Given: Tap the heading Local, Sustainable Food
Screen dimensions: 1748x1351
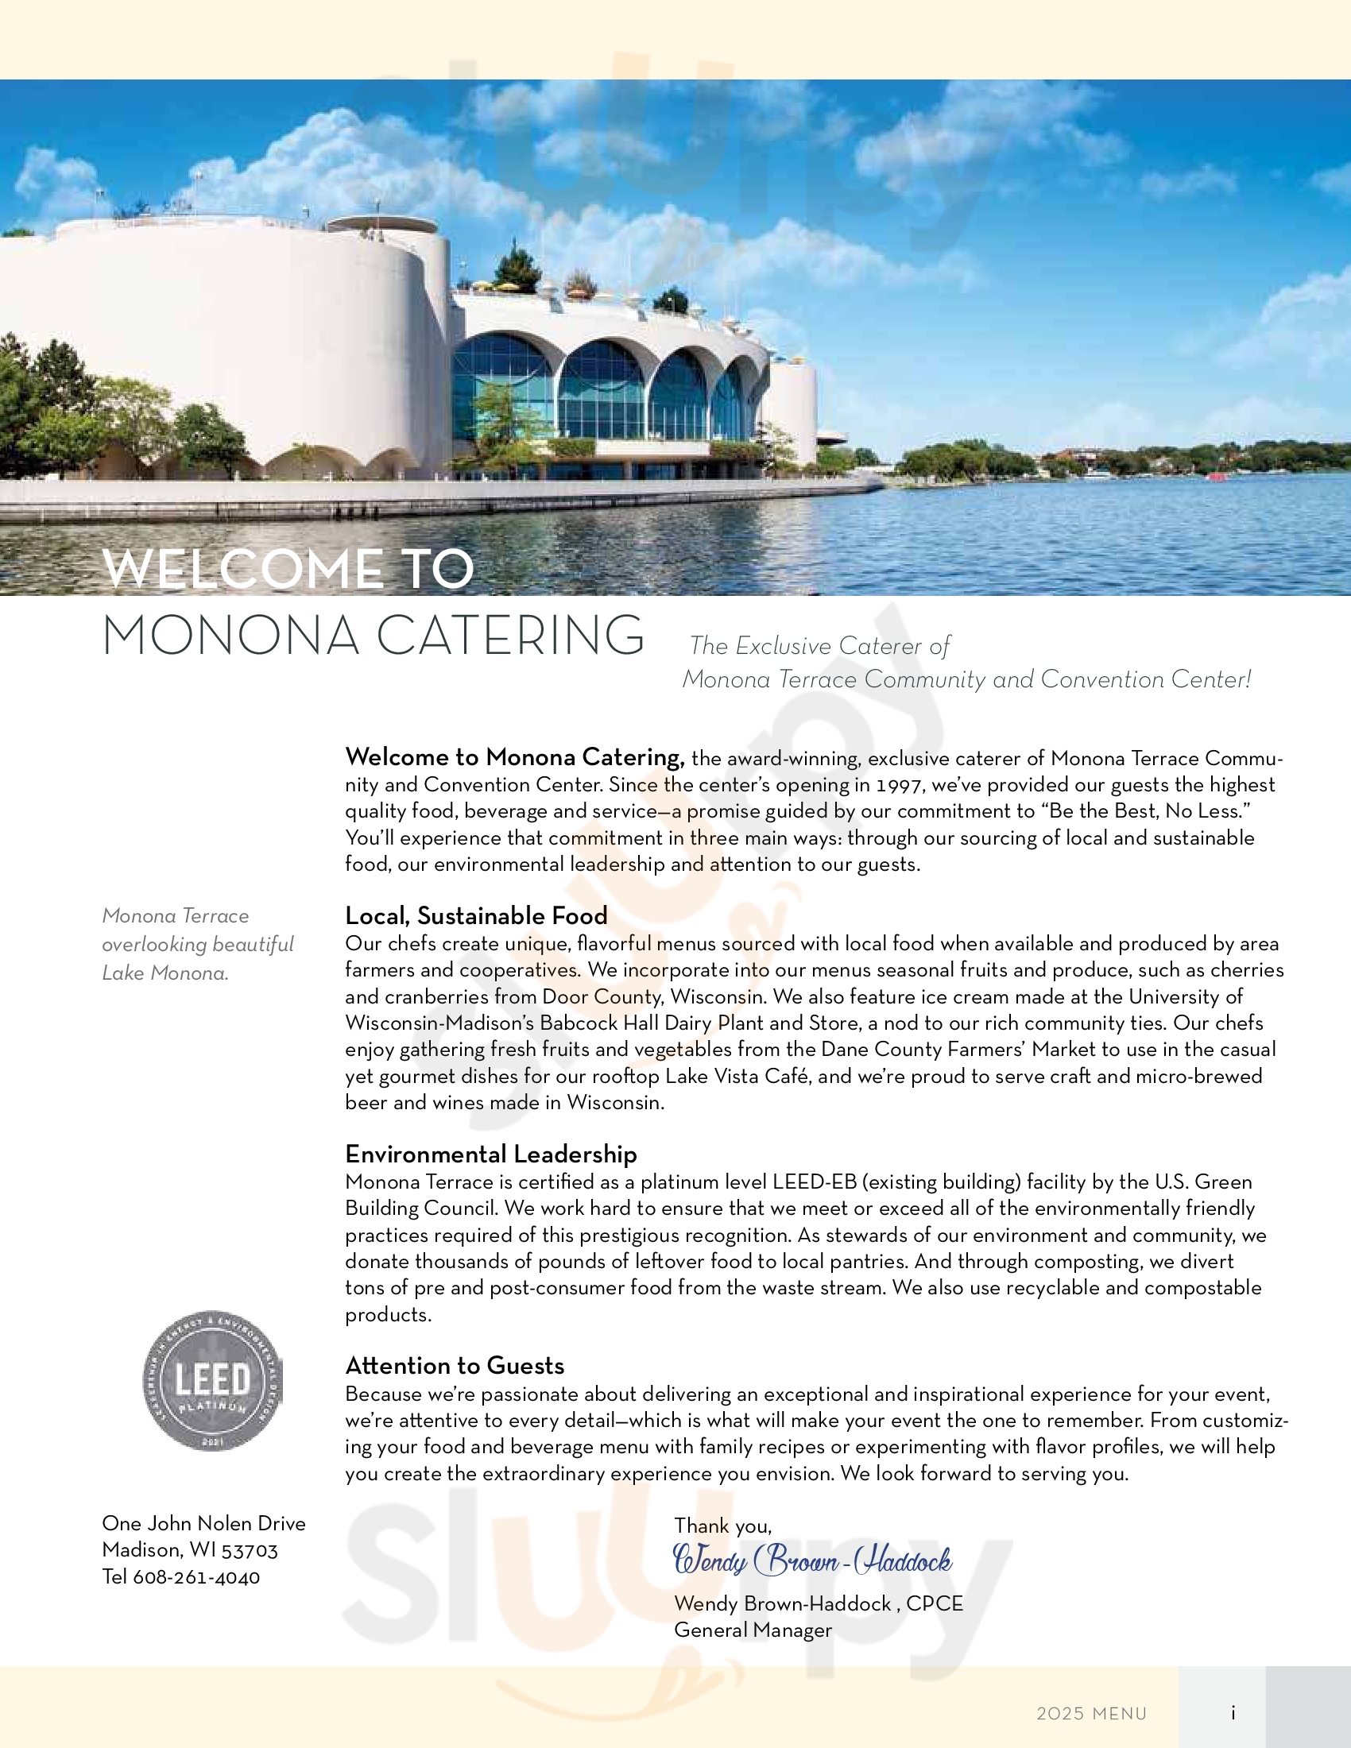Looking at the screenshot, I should [476, 915].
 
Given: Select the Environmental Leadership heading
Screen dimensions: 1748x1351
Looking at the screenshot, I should [490, 1154].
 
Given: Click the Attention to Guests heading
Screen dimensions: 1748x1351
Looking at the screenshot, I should [455, 1365].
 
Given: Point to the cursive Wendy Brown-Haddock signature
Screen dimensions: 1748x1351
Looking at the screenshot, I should [812, 1561].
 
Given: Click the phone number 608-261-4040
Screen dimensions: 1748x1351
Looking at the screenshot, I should [196, 1577].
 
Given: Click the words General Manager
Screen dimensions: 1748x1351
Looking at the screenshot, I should [753, 1630].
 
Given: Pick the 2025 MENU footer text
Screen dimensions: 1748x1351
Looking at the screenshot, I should [1091, 1714].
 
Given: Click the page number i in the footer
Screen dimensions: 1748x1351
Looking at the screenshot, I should [1233, 1713].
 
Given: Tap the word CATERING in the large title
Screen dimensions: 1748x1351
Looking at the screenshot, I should [510, 636].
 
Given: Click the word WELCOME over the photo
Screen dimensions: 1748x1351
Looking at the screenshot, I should [242, 569].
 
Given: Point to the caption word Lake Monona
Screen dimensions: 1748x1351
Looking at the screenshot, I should [165, 973].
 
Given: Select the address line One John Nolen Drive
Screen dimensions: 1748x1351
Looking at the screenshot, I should [203, 1524].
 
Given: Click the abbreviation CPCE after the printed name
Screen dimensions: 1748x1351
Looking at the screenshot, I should [934, 1604].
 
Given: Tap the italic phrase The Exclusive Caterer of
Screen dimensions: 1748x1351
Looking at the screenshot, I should [819, 646].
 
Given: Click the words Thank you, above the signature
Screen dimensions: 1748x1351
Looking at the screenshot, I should [722, 1526].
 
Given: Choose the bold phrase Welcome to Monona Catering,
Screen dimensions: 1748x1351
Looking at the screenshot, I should [515, 757].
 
